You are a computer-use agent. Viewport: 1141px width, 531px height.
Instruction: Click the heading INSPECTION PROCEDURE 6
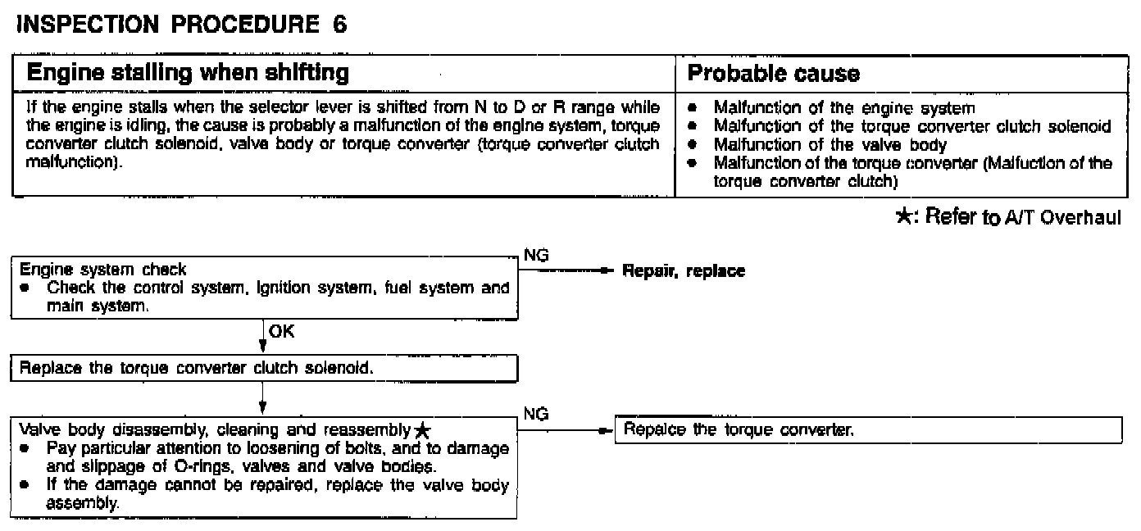181,25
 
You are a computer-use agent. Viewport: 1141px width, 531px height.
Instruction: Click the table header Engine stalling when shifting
189,73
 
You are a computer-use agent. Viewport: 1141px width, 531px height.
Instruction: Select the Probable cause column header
773,74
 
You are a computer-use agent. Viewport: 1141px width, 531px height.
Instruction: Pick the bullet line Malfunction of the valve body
830,145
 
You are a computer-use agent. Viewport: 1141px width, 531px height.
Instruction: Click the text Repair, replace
684,270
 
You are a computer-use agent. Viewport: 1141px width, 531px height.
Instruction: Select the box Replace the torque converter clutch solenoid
197,368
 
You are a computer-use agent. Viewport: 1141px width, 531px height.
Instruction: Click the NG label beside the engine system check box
535,256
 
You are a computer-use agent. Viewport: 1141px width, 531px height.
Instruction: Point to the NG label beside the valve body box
535,415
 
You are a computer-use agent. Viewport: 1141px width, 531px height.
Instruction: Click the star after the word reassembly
421,431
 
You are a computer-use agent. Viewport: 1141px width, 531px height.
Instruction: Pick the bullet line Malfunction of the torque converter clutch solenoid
911,126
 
